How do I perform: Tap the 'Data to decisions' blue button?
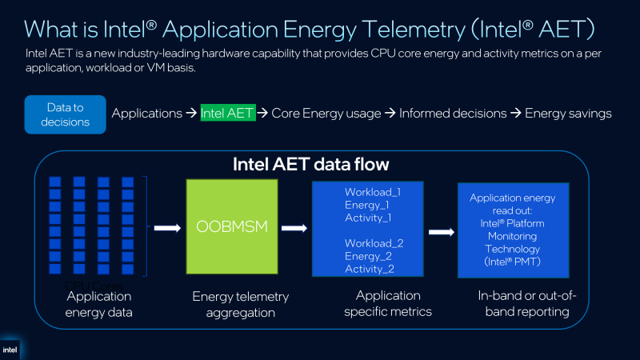pyautogui.click(x=66, y=114)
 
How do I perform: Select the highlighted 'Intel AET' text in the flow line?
pyautogui.click(x=228, y=114)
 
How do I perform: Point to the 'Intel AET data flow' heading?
pyautogui.click(x=310, y=166)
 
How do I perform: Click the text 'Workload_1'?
pyautogui.click(x=372, y=192)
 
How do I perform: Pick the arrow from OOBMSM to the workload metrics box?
pyautogui.click(x=295, y=228)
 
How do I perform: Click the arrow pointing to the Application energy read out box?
pyautogui.click(x=442, y=232)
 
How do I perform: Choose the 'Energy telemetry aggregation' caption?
pyautogui.click(x=241, y=304)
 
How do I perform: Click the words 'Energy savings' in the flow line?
pyautogui.click(x=568, y=114)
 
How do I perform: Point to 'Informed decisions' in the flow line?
pyautogui.click(x=453, y=114)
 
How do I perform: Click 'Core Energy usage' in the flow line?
pyautogui.click(x=326, y=114)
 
